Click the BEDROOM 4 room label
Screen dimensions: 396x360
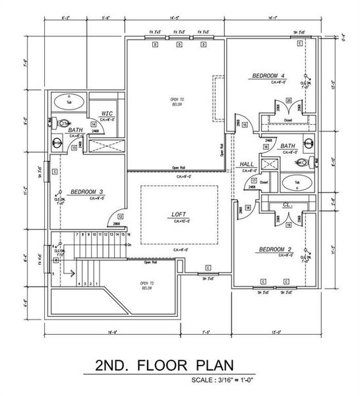268,77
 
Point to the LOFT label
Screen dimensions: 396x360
179,214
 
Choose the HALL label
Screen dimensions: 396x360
247,164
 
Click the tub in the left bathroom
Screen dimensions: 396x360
67,102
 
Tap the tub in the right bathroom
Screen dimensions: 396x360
296,182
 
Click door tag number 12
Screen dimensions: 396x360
120,215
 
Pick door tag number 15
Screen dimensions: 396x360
244,125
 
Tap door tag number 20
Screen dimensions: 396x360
289,100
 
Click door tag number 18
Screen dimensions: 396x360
248,208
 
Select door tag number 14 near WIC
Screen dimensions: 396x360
94,124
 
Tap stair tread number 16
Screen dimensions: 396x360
128,234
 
